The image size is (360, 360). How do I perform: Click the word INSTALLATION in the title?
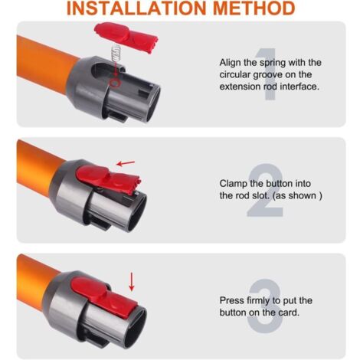click(136, 8)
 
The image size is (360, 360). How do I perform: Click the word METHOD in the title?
click(254, 8)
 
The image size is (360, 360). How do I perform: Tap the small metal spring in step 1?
click(116, 53)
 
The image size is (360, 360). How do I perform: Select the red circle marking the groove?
click(115, 82)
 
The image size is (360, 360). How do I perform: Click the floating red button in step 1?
click(126, 36)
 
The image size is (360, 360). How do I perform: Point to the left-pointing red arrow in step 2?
click(126, 163)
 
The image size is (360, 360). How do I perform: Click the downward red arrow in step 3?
click(132, 282)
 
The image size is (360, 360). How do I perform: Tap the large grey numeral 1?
click(267, 74)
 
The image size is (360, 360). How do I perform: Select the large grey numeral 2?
click(266, 190)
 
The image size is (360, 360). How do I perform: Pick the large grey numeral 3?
click(266, 306)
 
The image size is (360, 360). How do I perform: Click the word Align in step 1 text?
click(231, 63)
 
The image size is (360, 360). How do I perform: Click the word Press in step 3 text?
click(232, 300)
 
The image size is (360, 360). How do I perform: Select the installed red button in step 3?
click(103, 296)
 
